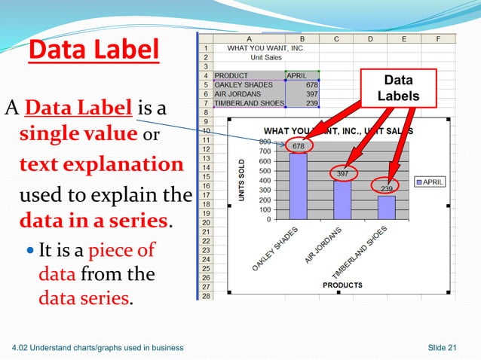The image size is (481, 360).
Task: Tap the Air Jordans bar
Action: click(x=342, y=200)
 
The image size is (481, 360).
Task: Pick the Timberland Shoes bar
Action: click(x=386, y=207)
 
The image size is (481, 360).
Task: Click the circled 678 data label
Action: click(x=299, y=145)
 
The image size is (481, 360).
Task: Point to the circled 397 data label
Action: click(x=342, y=174)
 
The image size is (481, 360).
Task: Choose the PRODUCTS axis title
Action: click(x=342, y=285)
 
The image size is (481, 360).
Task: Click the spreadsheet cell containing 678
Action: click(x=302, y=84)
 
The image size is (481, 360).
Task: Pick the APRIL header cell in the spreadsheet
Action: click(x=302, y=75)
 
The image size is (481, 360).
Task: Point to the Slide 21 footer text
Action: click(x=443, y=346)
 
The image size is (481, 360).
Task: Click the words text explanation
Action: click(x=101, y=164)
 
